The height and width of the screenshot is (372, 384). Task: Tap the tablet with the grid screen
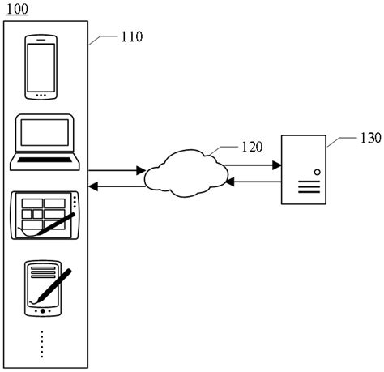coord(45,216)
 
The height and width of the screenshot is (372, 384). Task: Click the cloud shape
coord(184,172)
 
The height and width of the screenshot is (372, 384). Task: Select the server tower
coord(304,169)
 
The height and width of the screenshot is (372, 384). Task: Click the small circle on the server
coord(316,171)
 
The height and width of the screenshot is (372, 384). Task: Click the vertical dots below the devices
coord(42,344)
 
